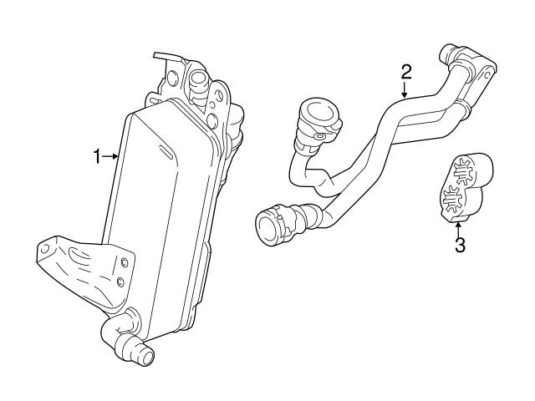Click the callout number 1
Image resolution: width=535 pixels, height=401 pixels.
[96, 155]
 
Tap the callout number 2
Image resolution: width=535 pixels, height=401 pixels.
[405, 70]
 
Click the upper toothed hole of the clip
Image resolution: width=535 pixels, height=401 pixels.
[461, 173]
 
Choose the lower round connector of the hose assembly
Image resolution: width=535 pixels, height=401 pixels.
[273, 224]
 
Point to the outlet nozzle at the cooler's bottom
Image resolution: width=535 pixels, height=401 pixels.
[143, 356]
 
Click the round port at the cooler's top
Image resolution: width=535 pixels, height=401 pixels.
[200, 82]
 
